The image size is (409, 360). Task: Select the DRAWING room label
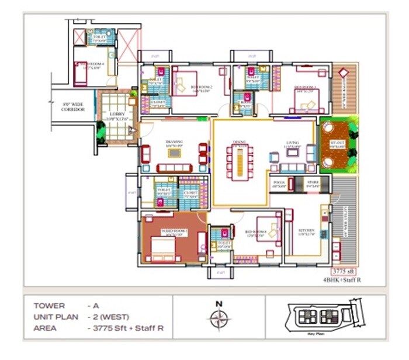[x=174, y=142]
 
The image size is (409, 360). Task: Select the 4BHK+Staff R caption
[x=342, y=281]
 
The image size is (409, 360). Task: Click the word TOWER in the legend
[x=49, y=306]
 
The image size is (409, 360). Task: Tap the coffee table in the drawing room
[x=174, y=153]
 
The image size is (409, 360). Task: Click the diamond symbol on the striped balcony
[x=343, y=73]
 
